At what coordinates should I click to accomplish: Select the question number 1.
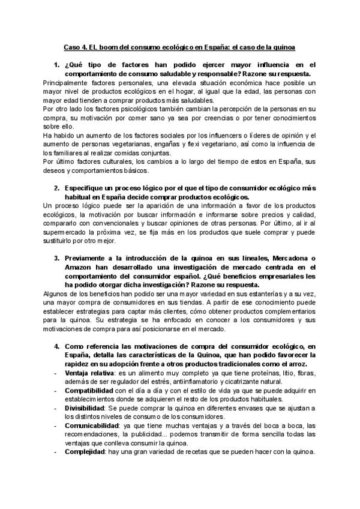tap(56, 64)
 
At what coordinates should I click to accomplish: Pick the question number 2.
tap(56, 189)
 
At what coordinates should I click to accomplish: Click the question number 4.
tap(56, 346)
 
